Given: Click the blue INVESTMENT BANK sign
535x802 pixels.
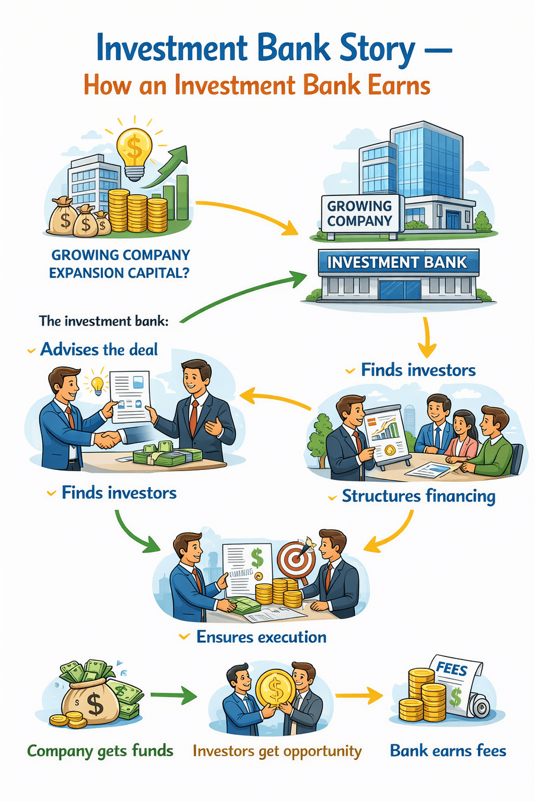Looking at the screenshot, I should pos(397,262).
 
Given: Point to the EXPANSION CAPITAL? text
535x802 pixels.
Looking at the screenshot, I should pos(119,273).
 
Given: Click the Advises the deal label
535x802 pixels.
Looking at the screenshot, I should pos(99,349).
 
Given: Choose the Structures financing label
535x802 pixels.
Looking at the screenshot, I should pos(418,496).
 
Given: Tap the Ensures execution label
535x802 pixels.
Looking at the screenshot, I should pos(261,637).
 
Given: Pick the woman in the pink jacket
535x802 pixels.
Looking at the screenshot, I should pos(461,437).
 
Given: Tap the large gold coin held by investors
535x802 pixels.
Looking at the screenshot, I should pos(275,689).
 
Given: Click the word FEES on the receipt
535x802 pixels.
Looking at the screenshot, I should pos(452,669).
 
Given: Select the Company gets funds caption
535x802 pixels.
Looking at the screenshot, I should pos(100,751).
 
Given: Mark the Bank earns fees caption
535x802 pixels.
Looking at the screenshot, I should pos(448,751).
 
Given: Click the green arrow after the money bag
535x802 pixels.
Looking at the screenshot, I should pos(174,694).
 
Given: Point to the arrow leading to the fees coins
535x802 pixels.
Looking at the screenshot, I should pos(359,694).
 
